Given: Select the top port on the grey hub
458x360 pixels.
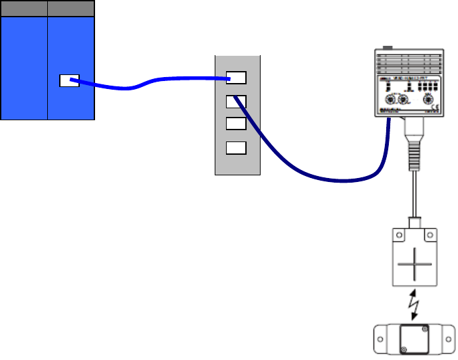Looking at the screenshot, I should (236, 78).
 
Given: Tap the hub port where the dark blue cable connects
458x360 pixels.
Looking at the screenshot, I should (236, 102).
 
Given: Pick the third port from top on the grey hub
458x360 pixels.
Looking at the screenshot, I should (236, 124).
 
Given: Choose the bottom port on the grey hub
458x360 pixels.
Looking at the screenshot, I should (236, 148).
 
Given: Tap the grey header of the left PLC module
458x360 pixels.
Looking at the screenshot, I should (24, 9).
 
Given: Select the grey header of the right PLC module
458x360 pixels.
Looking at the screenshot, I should (71, 9).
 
